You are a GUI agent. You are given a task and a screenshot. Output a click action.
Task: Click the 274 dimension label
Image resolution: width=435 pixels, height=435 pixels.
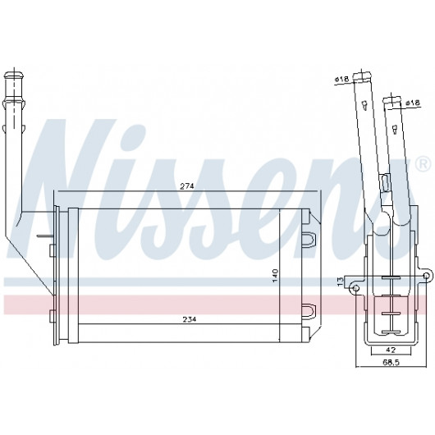tap(186, 185)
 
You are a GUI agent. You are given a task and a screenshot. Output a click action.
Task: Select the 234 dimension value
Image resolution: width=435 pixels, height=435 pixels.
tap(190, 319)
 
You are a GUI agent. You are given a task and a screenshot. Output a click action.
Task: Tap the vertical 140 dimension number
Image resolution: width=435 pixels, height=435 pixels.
tap(275, 276)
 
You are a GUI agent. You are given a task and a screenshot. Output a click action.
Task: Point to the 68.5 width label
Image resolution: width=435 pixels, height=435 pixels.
tap(391, 362)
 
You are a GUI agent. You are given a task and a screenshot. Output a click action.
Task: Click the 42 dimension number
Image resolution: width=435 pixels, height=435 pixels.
tap(390, 350)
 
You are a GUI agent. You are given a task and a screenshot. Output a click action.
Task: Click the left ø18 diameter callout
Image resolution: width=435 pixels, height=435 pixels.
tap(341, 79)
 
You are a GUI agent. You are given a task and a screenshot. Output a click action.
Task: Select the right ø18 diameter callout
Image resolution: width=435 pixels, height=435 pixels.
tap(413, 103)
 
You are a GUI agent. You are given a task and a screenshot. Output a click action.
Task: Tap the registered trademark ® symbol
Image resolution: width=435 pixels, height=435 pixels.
tap(424, 165)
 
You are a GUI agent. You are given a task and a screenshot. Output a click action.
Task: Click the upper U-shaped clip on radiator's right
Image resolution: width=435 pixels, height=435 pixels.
tap(309, 238)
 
